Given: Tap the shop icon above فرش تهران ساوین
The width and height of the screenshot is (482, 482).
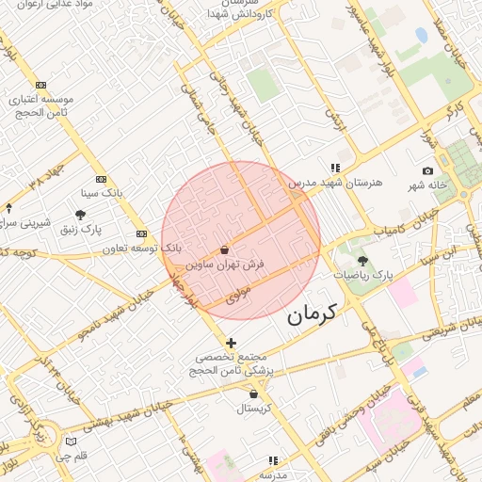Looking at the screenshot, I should click(x=224, y=250).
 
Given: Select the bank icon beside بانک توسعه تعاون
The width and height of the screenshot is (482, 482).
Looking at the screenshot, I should click(x=141, y=233).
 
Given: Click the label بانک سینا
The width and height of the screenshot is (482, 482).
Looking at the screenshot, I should click(x=102, y=193).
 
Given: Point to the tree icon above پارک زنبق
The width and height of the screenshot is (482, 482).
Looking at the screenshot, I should click(x=80, y=216).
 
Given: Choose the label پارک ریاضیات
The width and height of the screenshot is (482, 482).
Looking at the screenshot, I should click(x=362, y=275).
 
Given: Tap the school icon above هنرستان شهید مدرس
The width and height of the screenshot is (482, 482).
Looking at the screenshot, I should click(x=336, y=168).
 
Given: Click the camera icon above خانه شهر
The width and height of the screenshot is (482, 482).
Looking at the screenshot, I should click(x=428, y=170).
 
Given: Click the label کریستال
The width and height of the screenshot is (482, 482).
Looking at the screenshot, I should click(x=252, y=409).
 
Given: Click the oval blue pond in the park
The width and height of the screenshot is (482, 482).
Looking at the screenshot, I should click(x=421, y=36).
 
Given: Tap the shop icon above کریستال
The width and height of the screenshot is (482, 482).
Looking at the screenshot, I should click(x=253, y=394).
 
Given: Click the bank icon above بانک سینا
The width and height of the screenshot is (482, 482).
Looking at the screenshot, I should click(x=101, y=179).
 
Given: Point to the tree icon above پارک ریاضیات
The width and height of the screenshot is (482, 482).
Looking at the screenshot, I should click(x=363, y=261).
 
